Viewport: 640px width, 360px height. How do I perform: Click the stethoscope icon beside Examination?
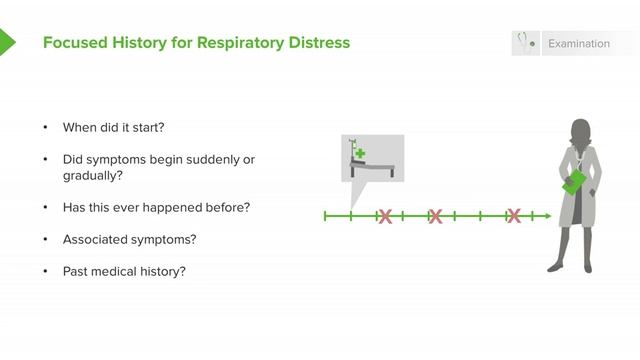tap(523, 43)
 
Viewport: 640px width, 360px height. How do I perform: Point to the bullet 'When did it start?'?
tap(113, 128)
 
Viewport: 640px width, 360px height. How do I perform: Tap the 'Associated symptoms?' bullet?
tap(129, 239)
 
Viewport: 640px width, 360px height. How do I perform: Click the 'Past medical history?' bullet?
tap(124, 271)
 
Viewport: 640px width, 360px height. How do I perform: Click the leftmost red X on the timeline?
tap(384, 215)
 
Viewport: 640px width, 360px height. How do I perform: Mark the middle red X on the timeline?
tap(435, 215)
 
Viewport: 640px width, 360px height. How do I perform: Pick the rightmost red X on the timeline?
tap(513, 215)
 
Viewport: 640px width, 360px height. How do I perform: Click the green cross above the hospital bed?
tap(360, 155)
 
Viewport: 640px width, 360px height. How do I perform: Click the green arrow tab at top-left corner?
tap(7, 42)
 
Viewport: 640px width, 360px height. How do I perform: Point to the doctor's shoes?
tap(573, 267)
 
